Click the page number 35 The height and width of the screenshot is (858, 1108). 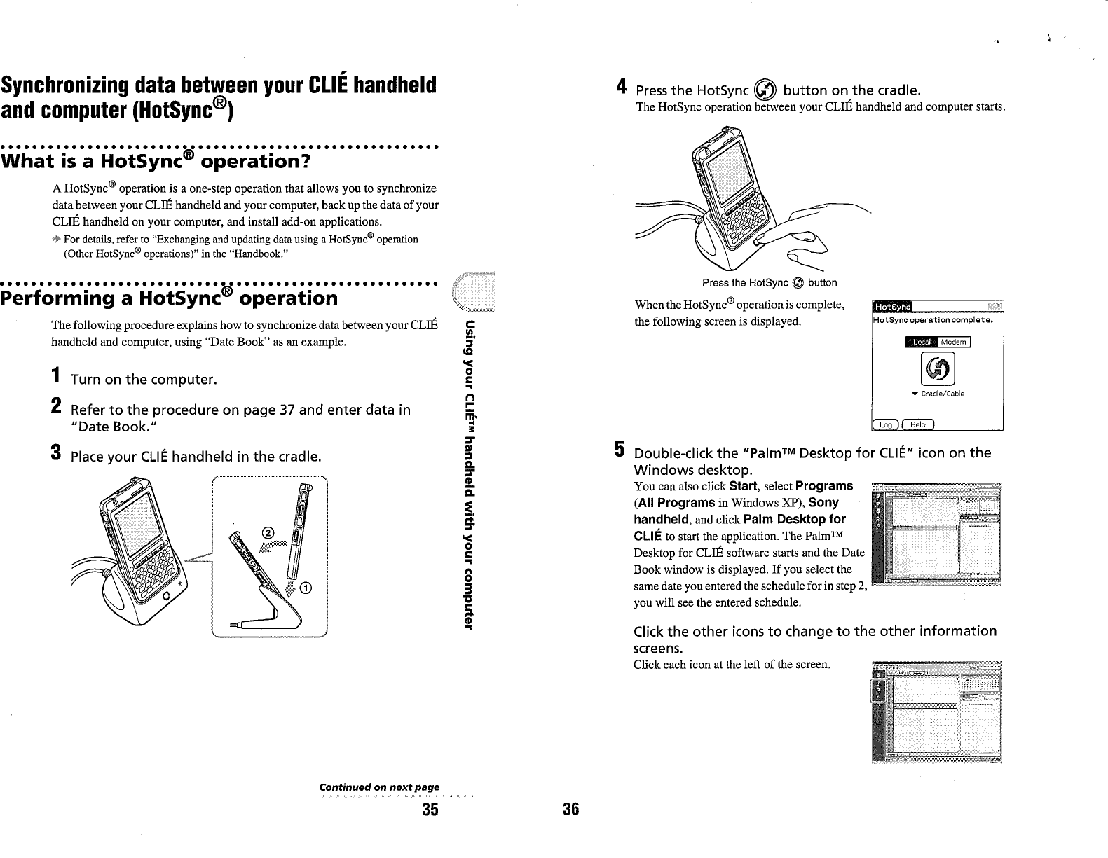point(430,810)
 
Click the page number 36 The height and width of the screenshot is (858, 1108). point(570,810)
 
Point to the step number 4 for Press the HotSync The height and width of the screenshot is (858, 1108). point(620,88)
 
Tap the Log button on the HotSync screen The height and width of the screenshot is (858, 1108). point(885,424)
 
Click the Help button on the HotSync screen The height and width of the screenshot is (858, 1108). point(917,424)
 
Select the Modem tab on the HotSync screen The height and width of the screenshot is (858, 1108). point(953,342)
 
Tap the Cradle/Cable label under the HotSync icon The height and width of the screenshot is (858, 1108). point(941,394)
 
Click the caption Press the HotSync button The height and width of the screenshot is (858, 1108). point(769,283)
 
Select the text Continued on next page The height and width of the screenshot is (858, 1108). point(379,788)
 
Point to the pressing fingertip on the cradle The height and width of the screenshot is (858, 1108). point(761,244)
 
